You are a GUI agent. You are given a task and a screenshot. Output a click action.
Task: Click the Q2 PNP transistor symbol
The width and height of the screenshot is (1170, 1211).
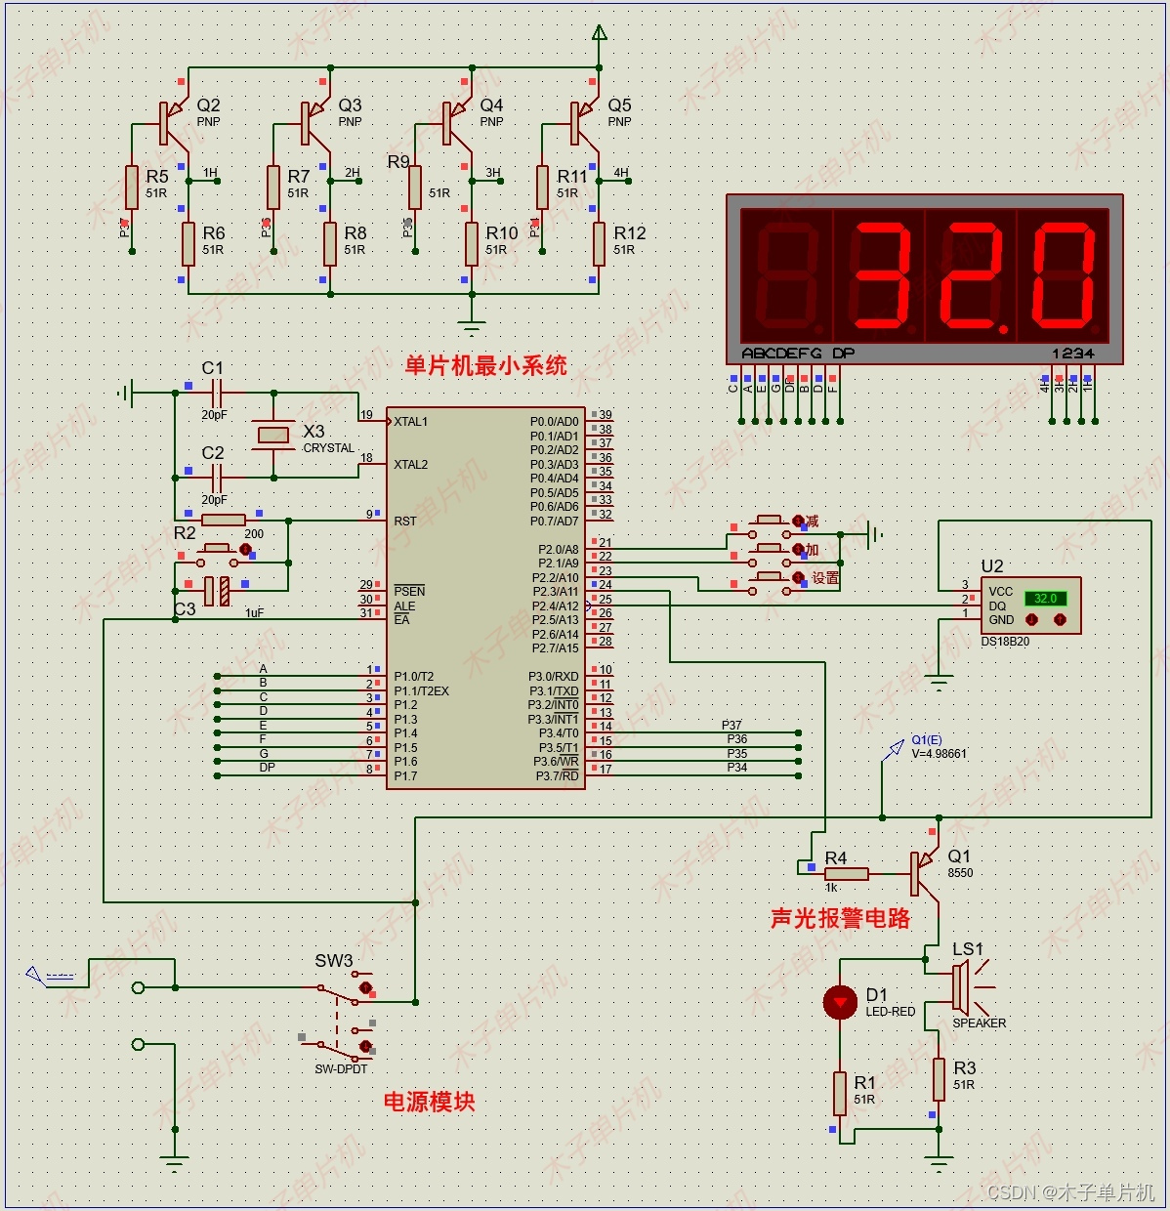coord(172,122)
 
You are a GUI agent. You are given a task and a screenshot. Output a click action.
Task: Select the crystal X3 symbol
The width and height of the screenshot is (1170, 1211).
coord(273,435)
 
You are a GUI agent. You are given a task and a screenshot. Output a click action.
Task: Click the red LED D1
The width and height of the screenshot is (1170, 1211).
coord(840,1002)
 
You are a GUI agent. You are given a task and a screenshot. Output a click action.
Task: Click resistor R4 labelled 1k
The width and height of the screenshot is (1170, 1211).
coord(846,873)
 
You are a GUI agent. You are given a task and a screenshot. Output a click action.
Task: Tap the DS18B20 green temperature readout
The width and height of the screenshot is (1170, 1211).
coord(1045,599)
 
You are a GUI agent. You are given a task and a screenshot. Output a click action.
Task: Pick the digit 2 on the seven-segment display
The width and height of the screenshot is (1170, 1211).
coord(971,276)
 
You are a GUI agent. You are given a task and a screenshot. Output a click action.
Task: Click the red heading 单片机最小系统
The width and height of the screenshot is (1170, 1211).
coord(485,366)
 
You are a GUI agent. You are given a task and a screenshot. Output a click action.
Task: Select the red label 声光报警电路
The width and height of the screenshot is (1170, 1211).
coord(840,918)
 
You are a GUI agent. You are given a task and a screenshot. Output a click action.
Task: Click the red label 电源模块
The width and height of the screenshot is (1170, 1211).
coord(429,1102)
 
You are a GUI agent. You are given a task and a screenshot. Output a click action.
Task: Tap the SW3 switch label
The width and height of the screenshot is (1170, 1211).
coord(333,961)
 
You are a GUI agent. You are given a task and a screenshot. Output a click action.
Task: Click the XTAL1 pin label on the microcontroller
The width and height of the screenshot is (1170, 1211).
coord(411,422)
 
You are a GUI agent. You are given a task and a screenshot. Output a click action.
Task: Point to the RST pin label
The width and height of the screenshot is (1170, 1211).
coord(405,522)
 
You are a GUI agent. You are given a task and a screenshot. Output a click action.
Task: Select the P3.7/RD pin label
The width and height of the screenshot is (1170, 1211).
coord(557,776)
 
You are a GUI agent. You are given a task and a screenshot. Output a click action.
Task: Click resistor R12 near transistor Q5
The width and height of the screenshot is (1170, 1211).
coord(599,243)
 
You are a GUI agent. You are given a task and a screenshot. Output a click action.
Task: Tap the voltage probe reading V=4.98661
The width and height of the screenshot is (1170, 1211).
coord(939,754)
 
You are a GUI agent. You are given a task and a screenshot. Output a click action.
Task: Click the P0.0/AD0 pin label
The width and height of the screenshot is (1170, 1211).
coord(554,422)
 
